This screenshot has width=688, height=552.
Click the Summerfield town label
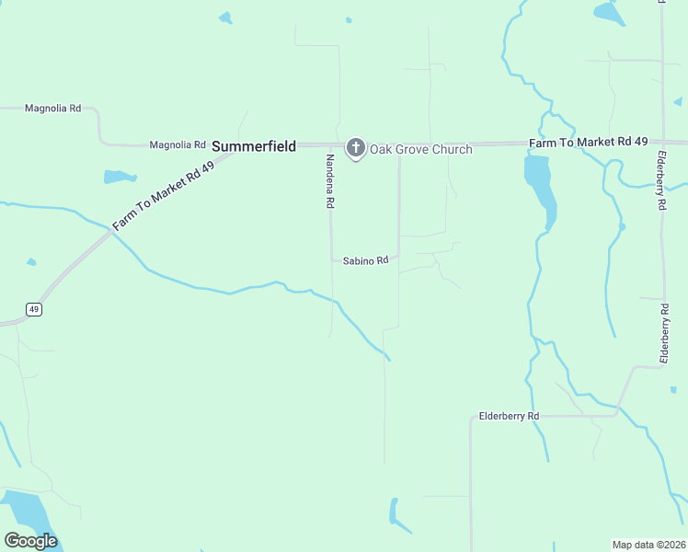click(254, 146)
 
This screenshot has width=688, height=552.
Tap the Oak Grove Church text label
click(420, 149)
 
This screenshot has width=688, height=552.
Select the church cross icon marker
click(355, 148)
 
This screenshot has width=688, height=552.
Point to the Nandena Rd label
click(328, 180)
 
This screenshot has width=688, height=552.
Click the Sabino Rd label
click(366, 261)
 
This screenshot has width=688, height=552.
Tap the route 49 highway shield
click(33, 309)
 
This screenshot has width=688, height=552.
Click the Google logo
click(30, 541)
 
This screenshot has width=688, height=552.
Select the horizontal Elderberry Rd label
click(509, 417)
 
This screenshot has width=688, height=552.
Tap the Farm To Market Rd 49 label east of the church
click(589, 142)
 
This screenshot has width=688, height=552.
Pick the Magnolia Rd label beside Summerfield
click(178, 145)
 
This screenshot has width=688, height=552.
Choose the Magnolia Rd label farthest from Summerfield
click(52, 109)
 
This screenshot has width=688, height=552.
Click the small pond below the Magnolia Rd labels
click(119, 177)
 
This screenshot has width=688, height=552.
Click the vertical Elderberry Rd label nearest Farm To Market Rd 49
click(660, 180)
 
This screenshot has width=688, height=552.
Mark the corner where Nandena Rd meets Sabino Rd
click(332, 260)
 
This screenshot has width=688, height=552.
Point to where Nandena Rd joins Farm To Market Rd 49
click(330, 145)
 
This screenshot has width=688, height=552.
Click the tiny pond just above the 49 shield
click(31, 262)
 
